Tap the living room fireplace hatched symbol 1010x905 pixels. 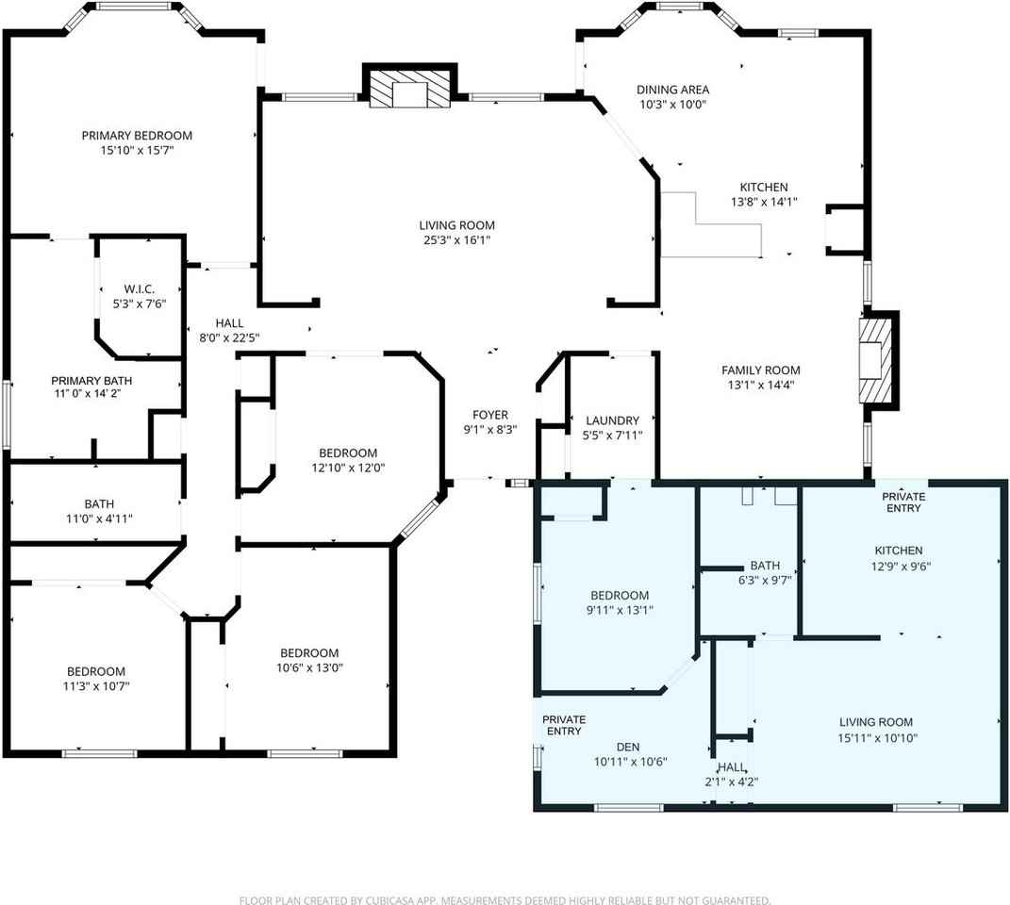pos(407,90)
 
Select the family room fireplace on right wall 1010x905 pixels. pos(874,358)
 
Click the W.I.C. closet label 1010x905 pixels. pos(139,288)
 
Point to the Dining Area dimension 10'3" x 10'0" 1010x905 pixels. pos(672,105)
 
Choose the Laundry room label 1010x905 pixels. pos(612,420)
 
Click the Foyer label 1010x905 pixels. pos(490,415)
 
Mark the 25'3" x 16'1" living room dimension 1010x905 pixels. pos(457,240)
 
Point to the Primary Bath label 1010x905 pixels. pos(91,381)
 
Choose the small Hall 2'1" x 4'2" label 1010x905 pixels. pos(731,767)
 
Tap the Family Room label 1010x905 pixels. pos(760,370)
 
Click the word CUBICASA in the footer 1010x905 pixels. pos(400,900)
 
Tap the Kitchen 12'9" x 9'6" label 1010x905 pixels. pos(898,551)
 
